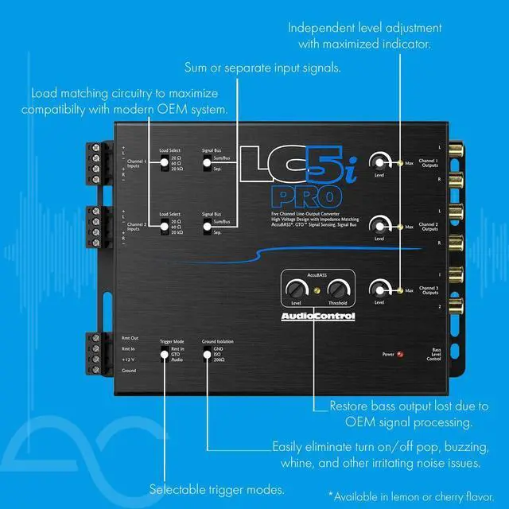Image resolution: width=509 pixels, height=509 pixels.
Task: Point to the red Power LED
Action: (400, 354)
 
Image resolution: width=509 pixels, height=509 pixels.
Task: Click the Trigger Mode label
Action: (173, 340)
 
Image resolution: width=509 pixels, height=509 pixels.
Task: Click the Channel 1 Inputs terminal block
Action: (97, 165)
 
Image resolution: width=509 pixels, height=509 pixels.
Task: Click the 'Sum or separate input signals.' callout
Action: (262, 68)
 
